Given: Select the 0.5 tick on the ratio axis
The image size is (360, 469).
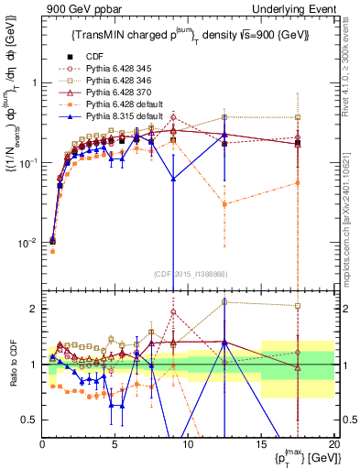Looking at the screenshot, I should click(30, 420).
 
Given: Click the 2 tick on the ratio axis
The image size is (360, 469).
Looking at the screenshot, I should click(33, 309).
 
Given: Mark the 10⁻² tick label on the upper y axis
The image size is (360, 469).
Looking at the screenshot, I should click(26, 243).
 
